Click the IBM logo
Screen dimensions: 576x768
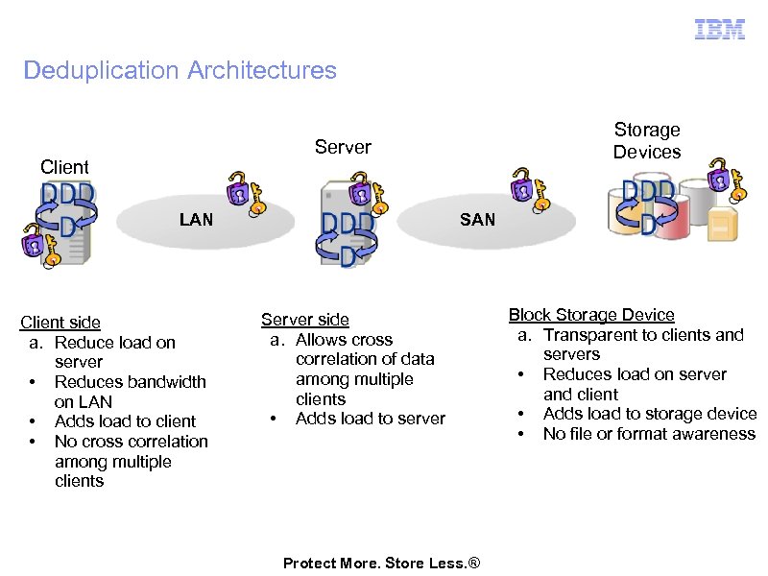click(719, 30)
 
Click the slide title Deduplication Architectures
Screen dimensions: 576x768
click(180, 70)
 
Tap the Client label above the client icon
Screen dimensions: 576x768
click(64, 167)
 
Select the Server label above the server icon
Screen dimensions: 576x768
click(343, 147)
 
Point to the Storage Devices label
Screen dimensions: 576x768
click(647, 140)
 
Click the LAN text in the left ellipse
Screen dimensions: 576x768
click(196, 220)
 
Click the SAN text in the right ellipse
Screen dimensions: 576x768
click(477, 220)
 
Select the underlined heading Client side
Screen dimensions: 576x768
click(60, 323)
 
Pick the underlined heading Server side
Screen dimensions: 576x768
click(305, 320)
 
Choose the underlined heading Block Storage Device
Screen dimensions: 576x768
click(591, 315)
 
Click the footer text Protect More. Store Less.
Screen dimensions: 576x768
click(381, 564)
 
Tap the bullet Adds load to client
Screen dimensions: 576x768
click(125, 421)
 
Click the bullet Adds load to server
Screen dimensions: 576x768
click(371, 419)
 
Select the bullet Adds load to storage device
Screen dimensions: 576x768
click(650, 414)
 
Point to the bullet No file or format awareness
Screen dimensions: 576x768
click(650, 434)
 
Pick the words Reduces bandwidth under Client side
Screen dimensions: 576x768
click(131, 382)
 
